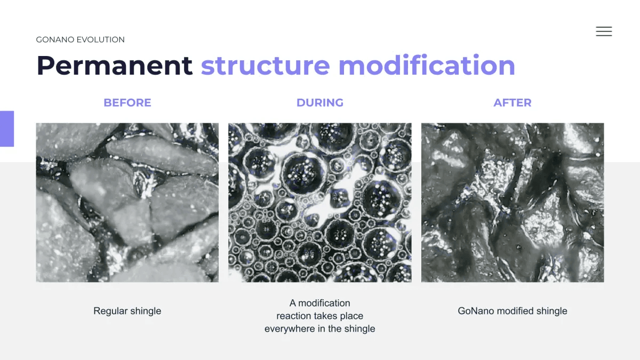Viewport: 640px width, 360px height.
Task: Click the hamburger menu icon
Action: (604, 31)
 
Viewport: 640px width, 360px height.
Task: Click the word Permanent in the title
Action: (115, 66)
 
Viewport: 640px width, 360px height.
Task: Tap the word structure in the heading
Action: (266, 66)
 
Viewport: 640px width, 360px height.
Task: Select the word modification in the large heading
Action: (427, 65)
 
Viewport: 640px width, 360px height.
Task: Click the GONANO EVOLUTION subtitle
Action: (81, 39)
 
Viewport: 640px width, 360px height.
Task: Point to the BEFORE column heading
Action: (127, 102)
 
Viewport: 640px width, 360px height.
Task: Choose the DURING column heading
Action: (320, 102)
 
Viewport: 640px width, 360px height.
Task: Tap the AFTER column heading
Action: (513, 102)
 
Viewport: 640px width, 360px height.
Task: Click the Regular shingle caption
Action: (127, 311)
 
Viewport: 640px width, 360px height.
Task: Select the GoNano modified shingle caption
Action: (513, 311)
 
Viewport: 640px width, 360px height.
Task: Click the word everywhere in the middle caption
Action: (290, 329)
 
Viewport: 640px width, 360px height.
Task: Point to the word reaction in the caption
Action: (293, 316)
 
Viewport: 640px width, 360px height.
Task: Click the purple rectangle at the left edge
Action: (7, 129)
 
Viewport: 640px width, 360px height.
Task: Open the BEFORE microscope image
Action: (127, 203)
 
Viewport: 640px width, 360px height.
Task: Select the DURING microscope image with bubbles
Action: (320, 203)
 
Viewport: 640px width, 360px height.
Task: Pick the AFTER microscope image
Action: (513, 203)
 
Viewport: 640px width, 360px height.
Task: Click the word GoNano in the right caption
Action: (476, 311)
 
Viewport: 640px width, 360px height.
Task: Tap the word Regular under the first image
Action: (110, 311)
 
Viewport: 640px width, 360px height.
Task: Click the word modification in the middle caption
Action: (324, 303)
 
